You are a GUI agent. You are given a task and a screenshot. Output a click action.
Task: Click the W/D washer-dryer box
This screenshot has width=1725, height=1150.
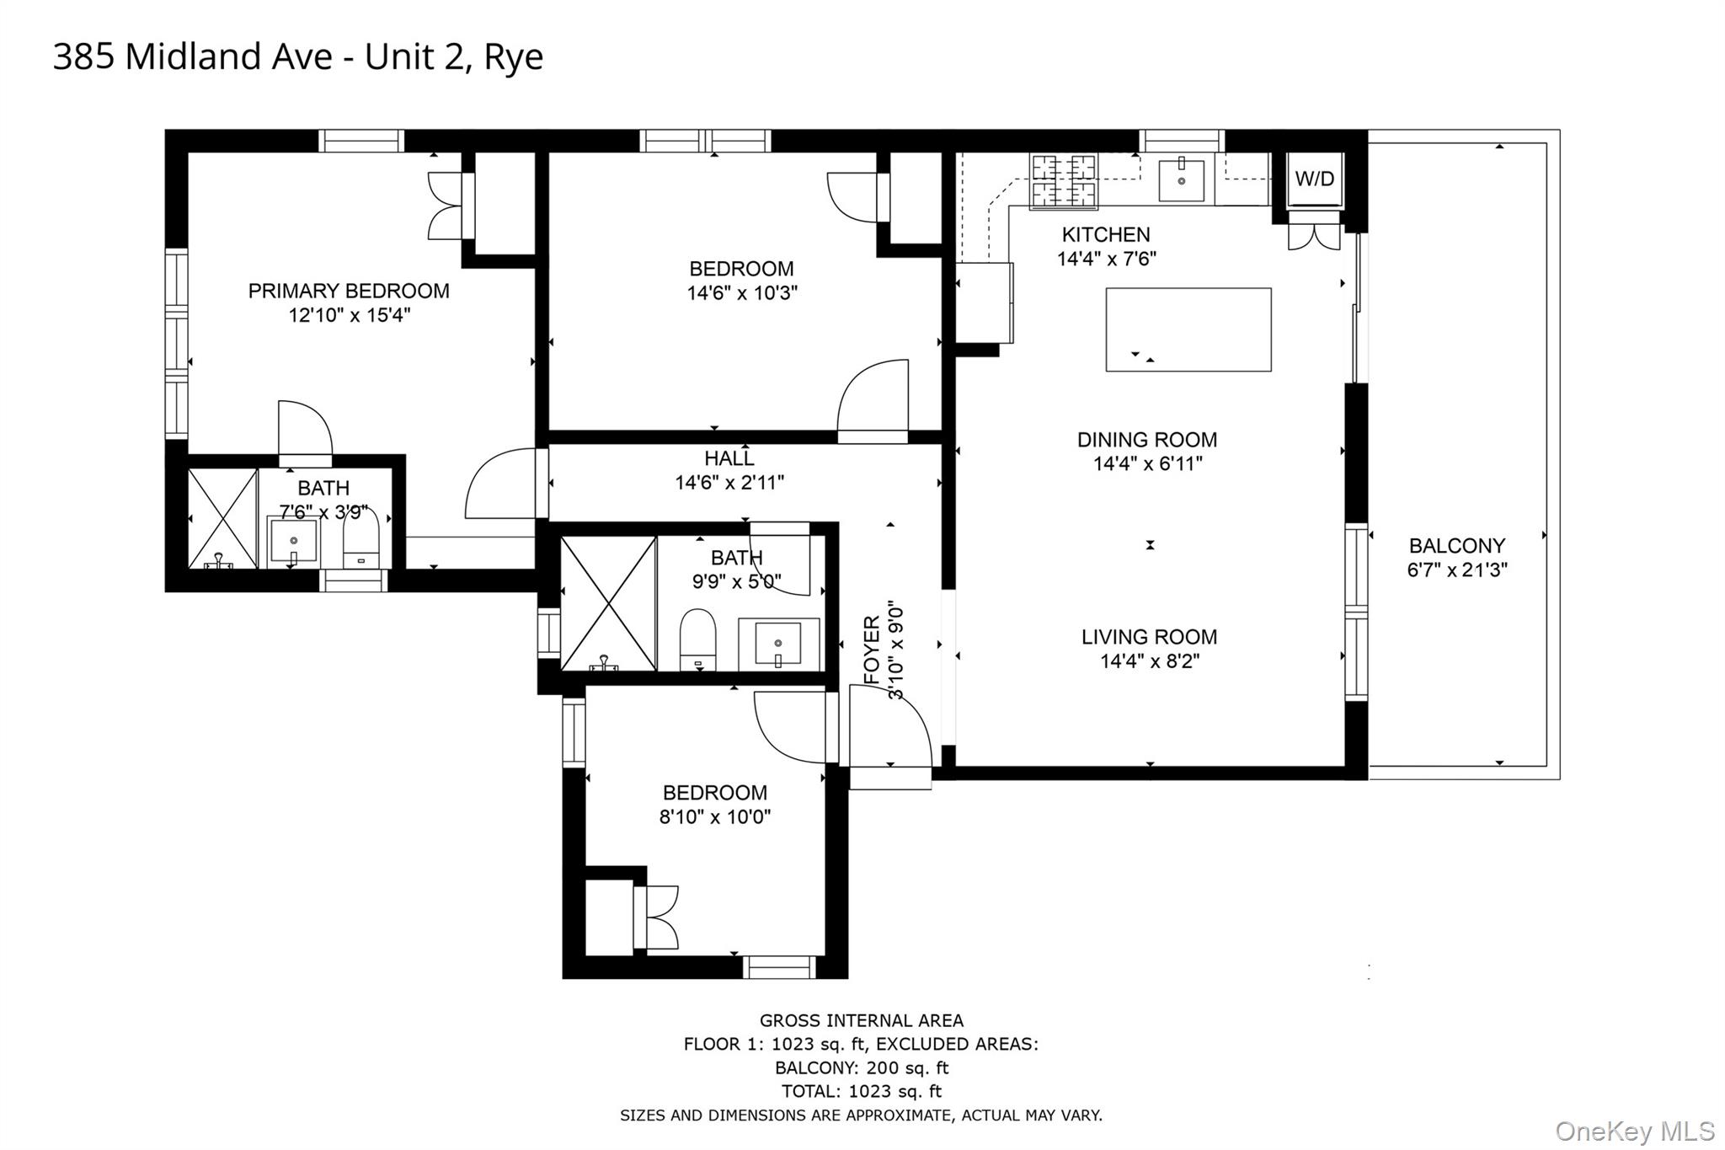click(1314, 179)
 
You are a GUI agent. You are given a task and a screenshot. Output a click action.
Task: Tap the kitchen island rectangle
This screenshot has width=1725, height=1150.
click(1188, 329)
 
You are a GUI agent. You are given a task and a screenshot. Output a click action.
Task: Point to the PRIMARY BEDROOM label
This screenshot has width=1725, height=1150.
click(349, 292)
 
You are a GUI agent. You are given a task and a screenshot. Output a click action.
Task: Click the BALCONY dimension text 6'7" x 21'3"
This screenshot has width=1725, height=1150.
click(1457, 570)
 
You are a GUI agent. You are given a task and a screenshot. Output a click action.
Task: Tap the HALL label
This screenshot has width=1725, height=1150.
click(729, 459)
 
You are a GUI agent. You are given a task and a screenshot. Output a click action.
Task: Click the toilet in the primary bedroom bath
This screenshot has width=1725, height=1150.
click(362, 540)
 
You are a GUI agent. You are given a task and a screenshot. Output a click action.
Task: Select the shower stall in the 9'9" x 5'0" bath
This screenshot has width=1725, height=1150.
click(608, 603)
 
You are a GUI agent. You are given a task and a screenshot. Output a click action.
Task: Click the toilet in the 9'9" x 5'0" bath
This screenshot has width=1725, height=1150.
click(697, 640)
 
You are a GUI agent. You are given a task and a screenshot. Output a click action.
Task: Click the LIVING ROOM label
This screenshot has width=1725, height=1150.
click(1149, 638)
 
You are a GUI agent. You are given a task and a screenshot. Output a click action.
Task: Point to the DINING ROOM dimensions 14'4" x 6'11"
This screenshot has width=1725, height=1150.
click(1147, 464)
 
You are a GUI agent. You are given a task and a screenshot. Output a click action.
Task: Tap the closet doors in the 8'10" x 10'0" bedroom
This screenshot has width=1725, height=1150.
click(660, 917)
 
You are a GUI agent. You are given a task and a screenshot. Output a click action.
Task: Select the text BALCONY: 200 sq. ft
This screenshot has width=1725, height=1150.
click(861, 1068)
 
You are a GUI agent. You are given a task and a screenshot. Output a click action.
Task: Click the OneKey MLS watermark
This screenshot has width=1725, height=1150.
click(1634, 1131)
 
